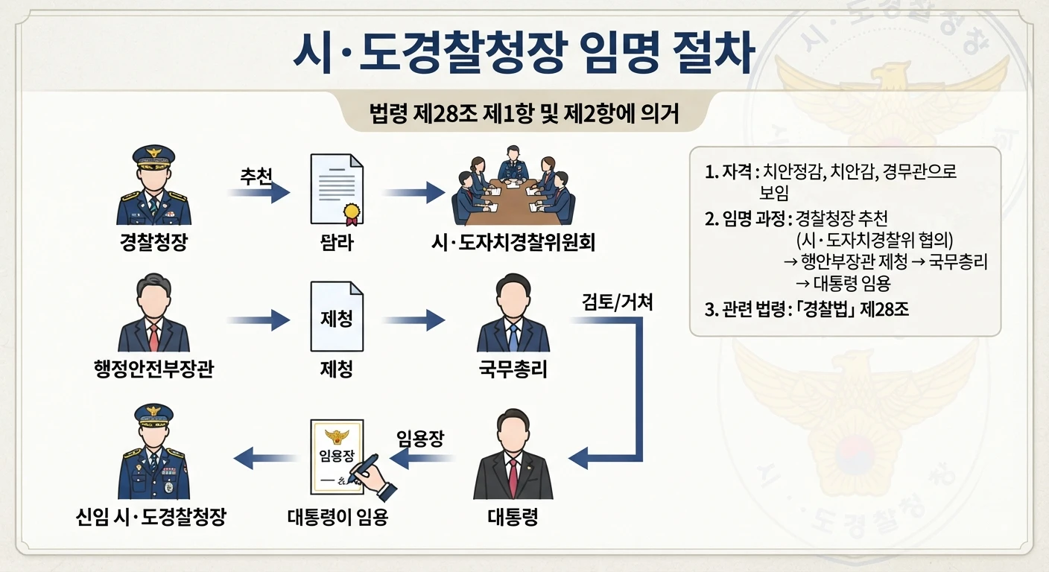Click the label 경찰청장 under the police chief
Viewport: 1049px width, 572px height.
tap(153, 241)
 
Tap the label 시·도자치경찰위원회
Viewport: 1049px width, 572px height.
tap(513, 243)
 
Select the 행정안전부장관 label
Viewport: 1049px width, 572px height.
tap(153, 369)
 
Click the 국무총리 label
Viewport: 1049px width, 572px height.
tap(513, 369)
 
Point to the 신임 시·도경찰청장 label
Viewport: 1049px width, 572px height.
tap(150, 517)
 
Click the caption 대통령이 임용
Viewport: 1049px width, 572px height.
tap(337, 517)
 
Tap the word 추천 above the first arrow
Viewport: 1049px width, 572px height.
tap(256, 177)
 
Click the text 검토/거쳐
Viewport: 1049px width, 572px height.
tap(617, 302)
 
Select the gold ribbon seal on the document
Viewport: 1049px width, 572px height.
tap(352, 214)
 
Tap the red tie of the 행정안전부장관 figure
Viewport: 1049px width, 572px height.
tap(153, 337)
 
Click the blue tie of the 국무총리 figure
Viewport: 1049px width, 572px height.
tap(513, 337)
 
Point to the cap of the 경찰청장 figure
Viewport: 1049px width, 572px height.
tap(153, 156)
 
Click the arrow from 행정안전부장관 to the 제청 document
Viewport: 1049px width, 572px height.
tap(259, 321)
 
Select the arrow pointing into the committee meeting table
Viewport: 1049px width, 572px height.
tap(414, 192)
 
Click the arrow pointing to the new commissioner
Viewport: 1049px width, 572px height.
tap(265, 458)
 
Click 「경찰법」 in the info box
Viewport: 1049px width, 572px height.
tap(822, 309)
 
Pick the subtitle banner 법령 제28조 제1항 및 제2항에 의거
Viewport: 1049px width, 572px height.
tap(524, 112)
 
